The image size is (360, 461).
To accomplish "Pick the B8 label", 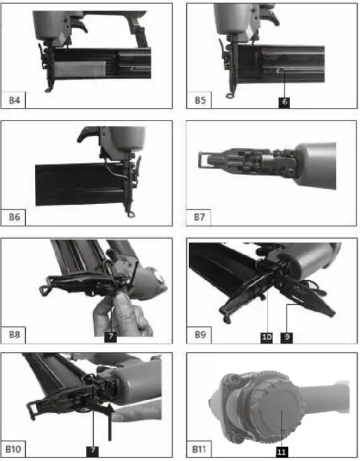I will pos(14,335).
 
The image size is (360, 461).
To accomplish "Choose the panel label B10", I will pos(15,448).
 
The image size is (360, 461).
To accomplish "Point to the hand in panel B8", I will pos(126,315).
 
